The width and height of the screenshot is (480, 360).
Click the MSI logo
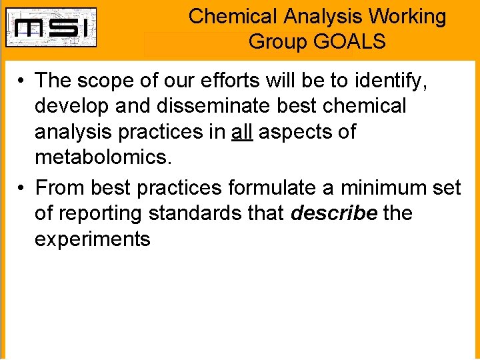pos(51,27)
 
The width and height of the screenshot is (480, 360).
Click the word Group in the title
pos(277,42)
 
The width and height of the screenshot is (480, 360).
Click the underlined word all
pos(241,132)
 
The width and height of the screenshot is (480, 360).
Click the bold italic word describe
pos(334,214)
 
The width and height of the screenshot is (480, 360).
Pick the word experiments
pos(93,239)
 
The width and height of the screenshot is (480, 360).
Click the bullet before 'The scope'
pos(22,81)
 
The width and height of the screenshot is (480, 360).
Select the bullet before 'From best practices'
pos(22,189)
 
